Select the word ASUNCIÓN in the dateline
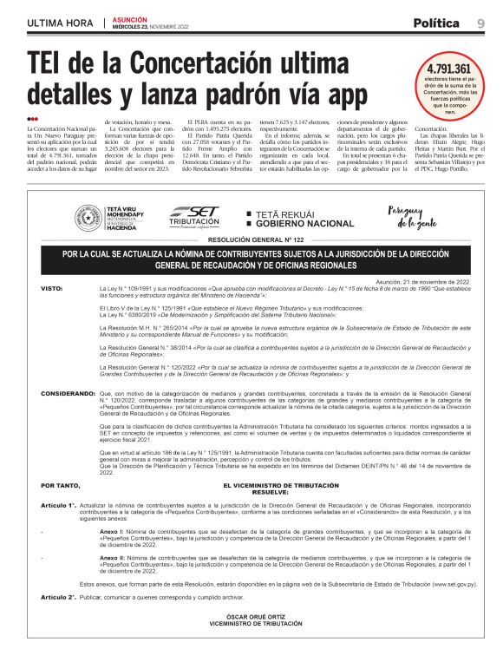(130, 18)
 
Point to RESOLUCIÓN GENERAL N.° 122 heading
(251, 239)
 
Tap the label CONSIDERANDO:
(67, 393)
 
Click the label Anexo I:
(113, 528)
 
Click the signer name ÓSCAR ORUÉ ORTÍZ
(251, 617)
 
